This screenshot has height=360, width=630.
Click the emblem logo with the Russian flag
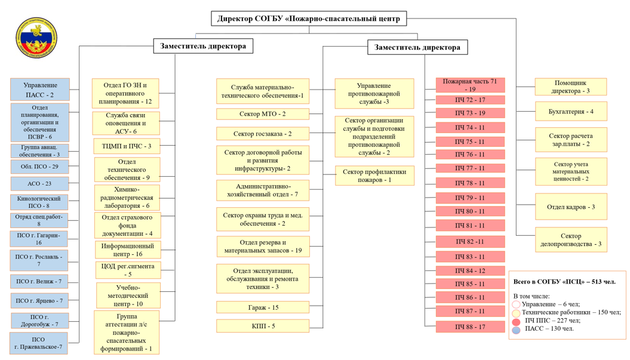coord(36,38)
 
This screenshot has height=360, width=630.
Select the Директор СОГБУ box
coord(309,19)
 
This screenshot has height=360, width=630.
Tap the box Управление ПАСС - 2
coord(40,90)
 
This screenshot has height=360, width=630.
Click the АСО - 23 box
coord(39,184)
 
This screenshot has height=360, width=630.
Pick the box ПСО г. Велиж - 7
coord(39,281)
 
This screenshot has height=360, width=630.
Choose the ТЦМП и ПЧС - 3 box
coord(127,146)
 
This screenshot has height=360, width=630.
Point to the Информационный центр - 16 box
coord(128,250)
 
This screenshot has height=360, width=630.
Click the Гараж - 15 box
coord(263,307)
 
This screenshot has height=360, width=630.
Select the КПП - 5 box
coord(263,326)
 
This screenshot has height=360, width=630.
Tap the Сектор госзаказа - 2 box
coord(263,134)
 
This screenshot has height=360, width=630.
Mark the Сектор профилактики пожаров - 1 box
coord(374,176)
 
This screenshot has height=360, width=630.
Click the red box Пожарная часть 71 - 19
coord(470,85)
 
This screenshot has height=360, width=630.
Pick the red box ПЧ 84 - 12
coord(470,271)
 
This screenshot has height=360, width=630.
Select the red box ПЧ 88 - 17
coord(470,327)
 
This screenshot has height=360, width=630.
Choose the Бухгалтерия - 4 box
coord(571,111)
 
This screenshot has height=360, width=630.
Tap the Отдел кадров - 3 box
coord(571,207)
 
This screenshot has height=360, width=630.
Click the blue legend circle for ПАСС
coord(517,330)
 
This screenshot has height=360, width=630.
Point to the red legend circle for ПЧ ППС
coord(517,321)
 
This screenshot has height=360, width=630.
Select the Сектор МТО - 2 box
coord(263,114)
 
